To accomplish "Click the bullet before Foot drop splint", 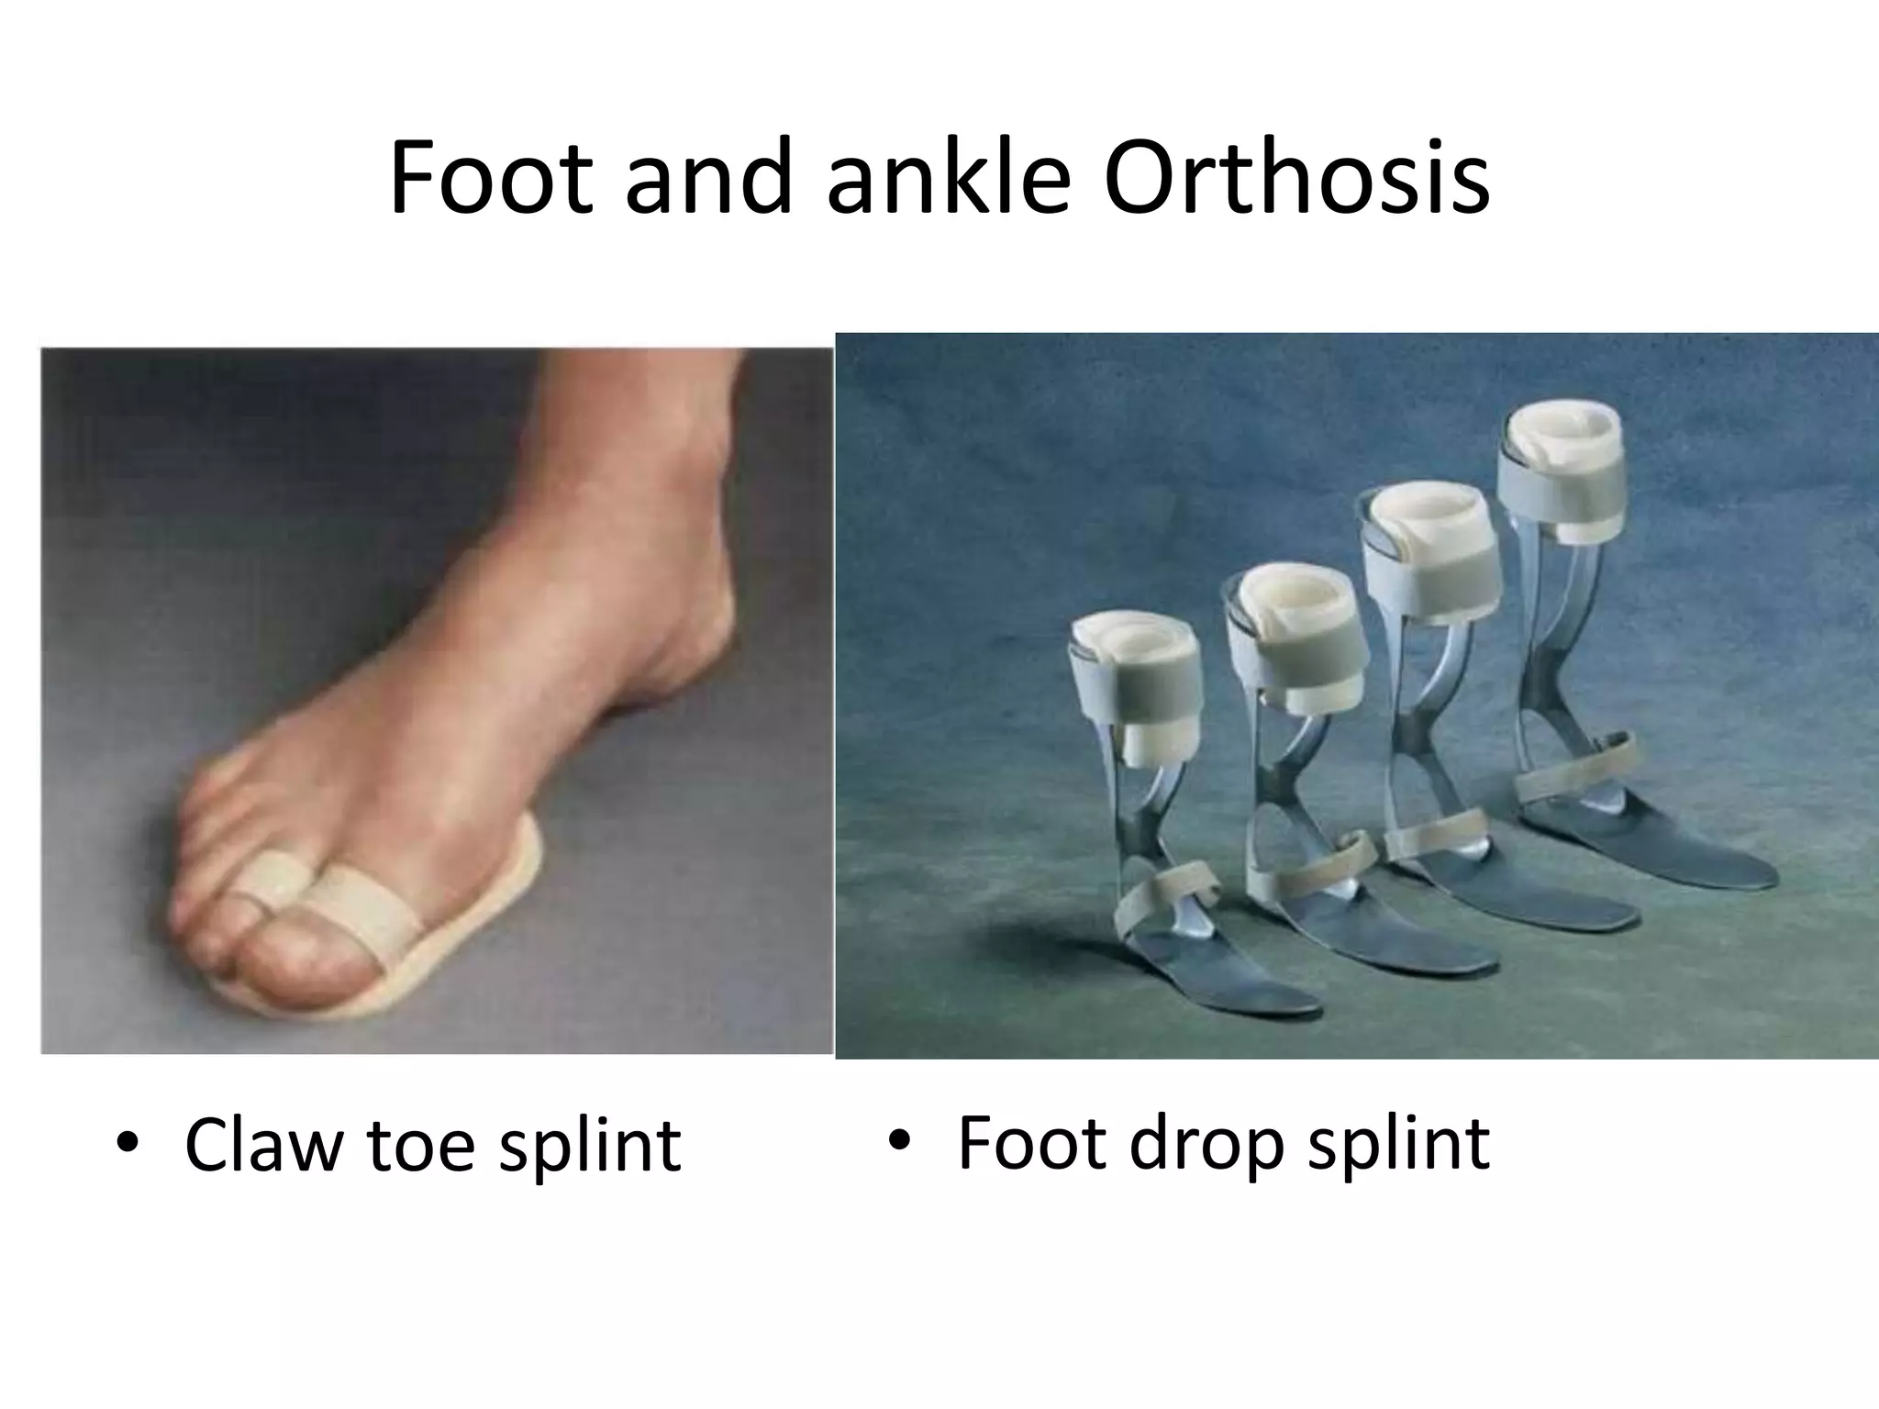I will [x=901, y=1142].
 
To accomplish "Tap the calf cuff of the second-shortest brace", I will [x=1294, y=642].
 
